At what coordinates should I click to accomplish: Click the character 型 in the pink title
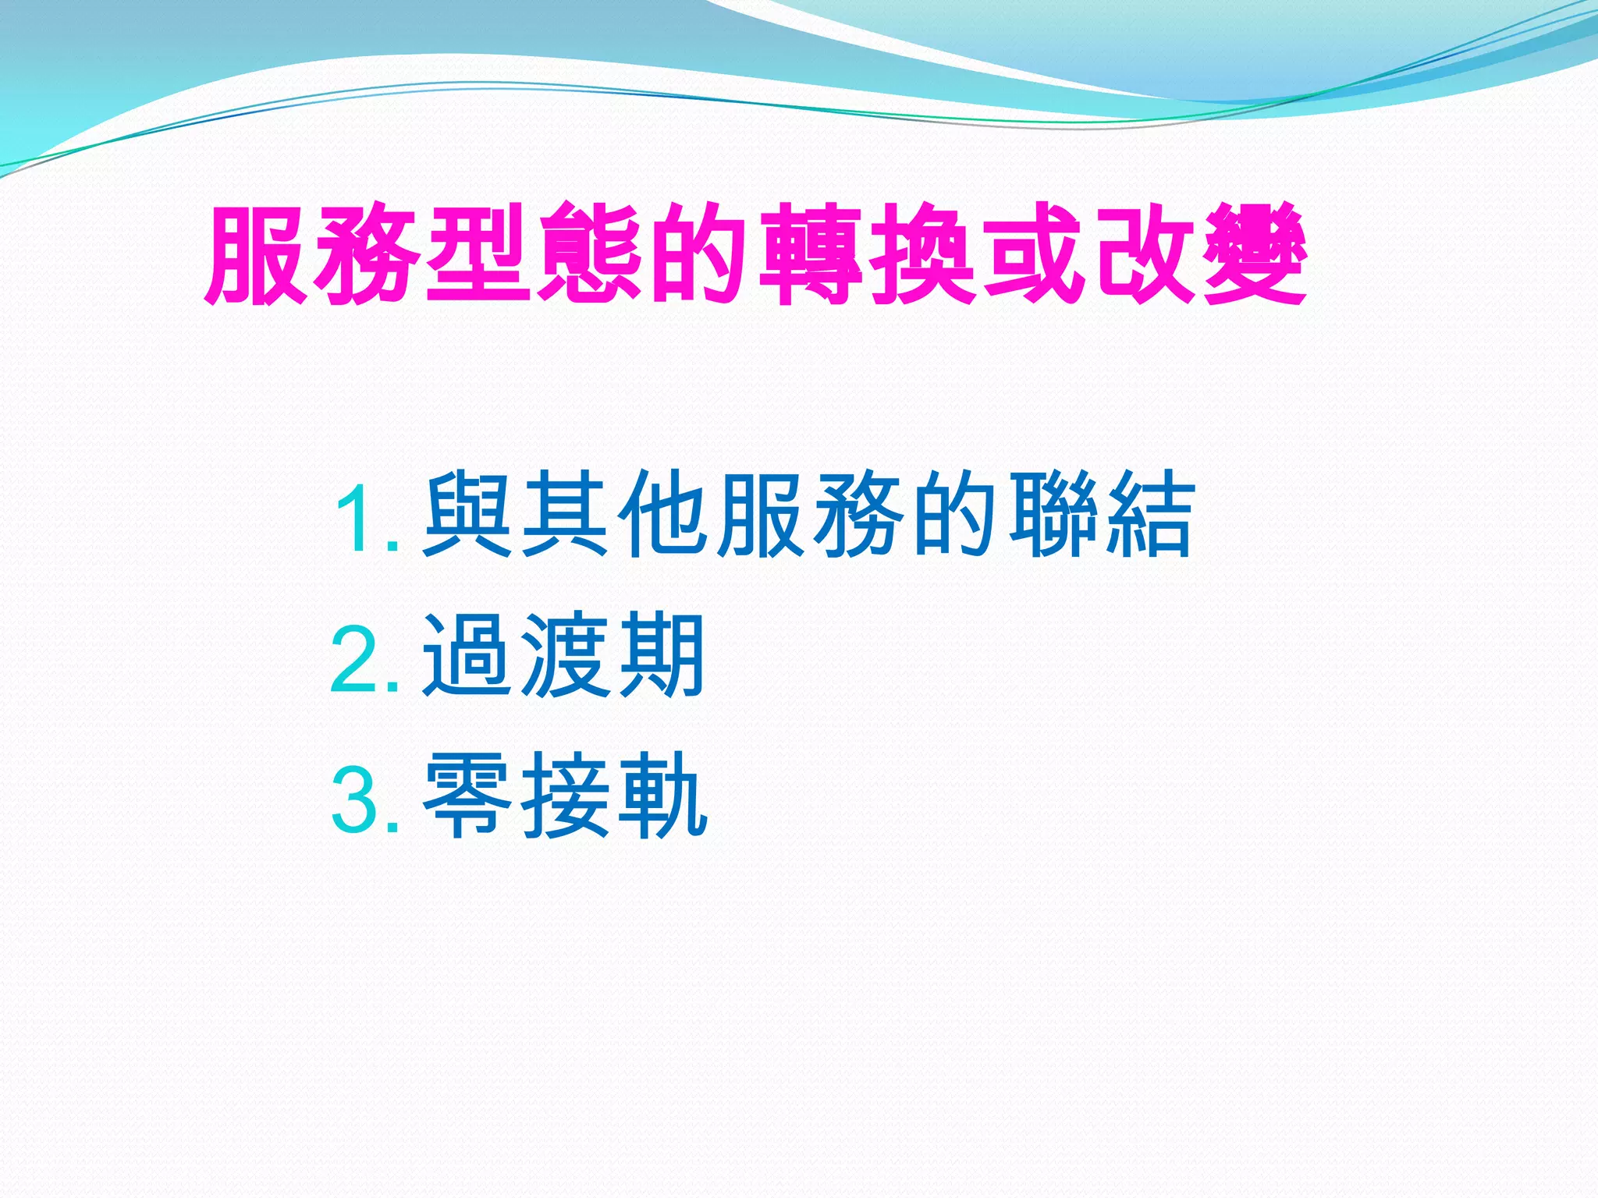478,253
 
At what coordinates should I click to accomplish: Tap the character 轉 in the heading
811,253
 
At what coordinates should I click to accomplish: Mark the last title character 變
1255,253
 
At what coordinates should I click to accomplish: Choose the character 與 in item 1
468,515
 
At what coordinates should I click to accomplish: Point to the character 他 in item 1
663,515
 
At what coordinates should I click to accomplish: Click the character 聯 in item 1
1052,515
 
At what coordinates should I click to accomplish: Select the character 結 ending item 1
1149,515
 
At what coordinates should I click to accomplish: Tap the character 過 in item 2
468,655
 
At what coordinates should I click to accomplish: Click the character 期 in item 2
662,655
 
